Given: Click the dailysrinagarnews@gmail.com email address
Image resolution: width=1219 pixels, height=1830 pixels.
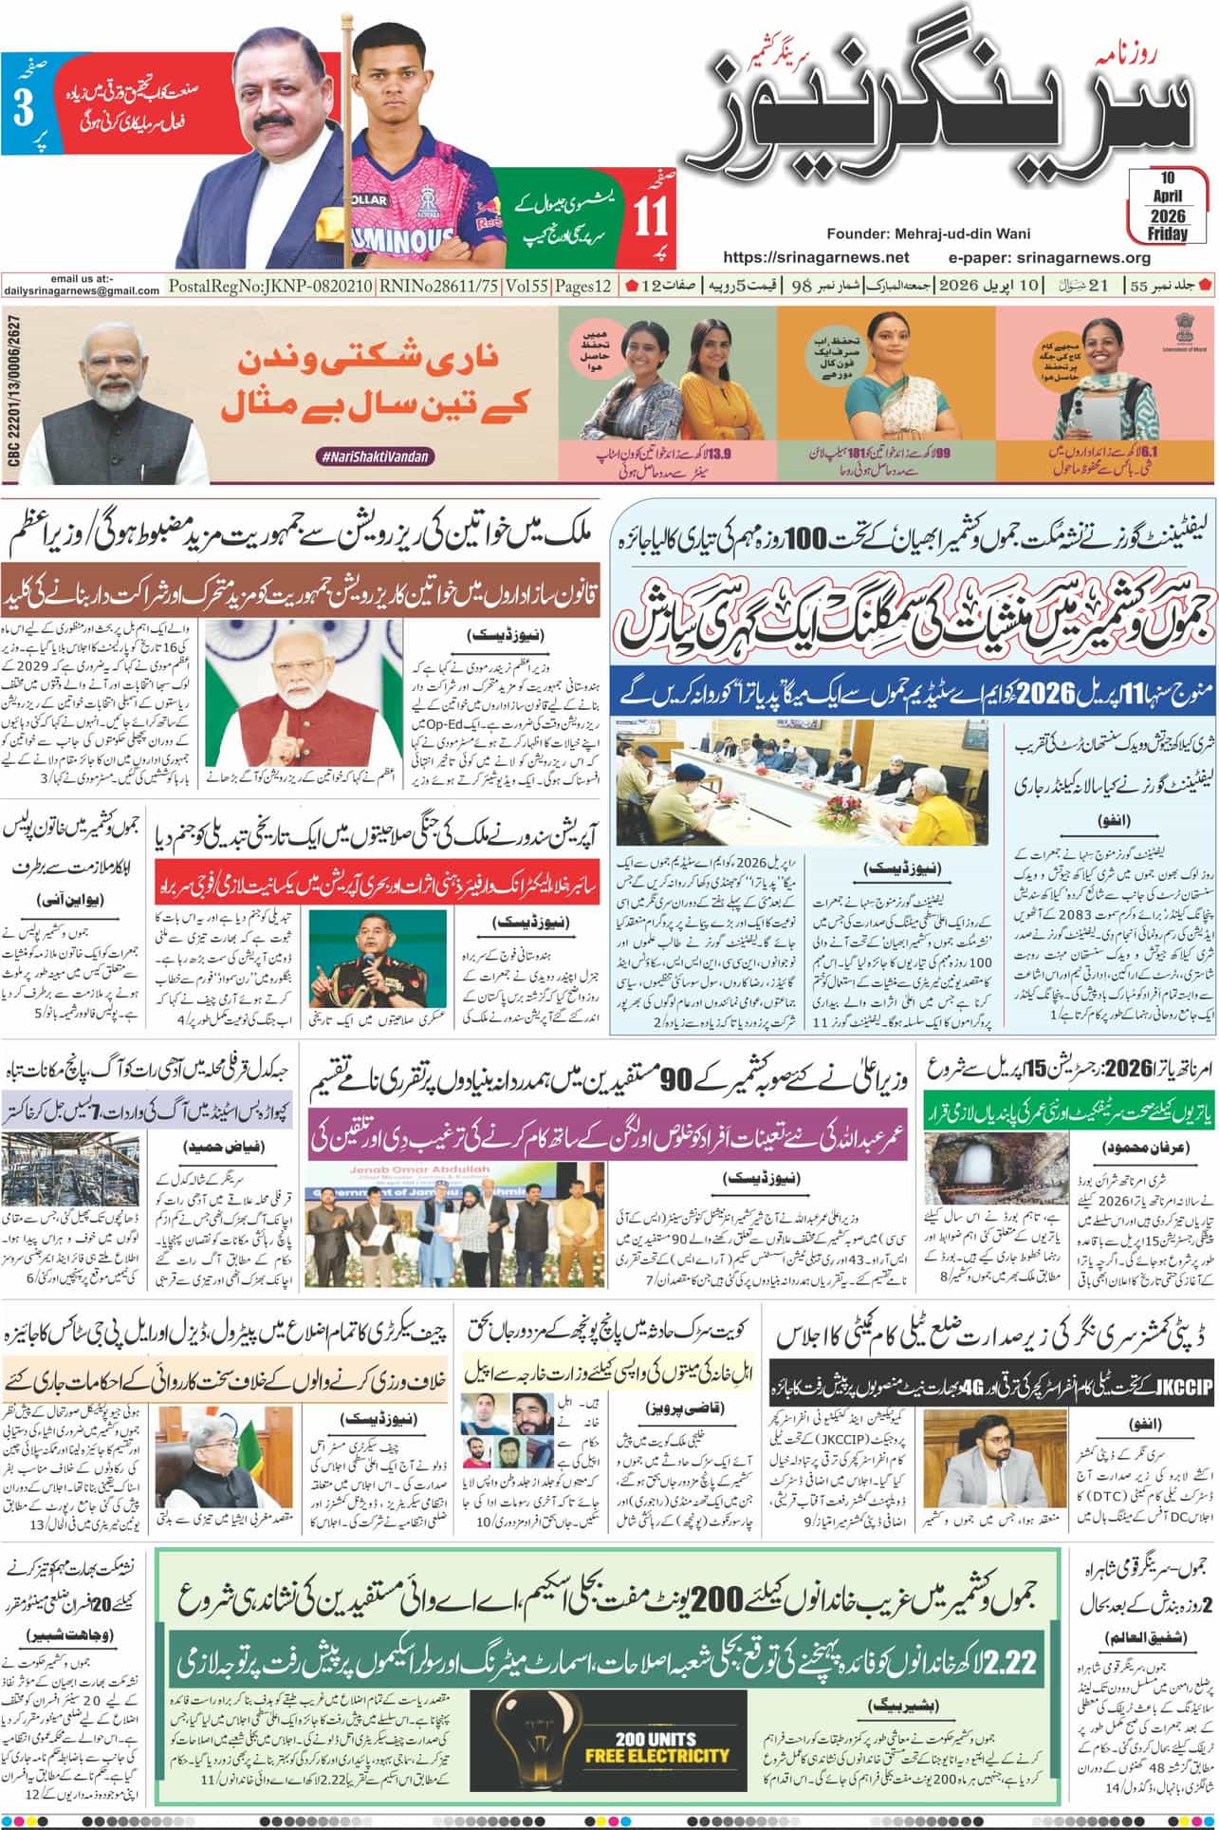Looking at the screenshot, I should pos(82,291).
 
